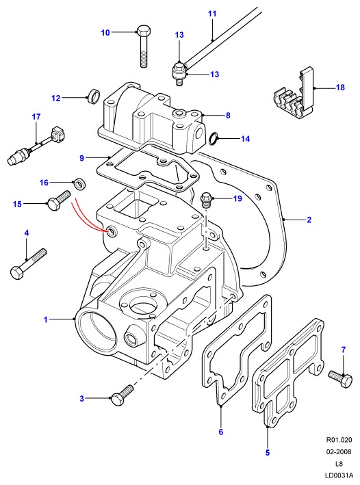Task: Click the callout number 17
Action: (x=36, y=116)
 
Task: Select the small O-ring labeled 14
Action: (x=213, y=139)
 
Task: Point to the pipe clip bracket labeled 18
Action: (x=295, y=95)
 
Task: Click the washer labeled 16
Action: (x=80, y=184)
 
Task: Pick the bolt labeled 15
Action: (x=59, y=200)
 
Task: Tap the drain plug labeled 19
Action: (x=205, y=200)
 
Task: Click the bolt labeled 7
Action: (x=341, y=378)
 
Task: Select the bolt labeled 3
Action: (x=122, y=395)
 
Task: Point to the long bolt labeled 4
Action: (x=28, y=264)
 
